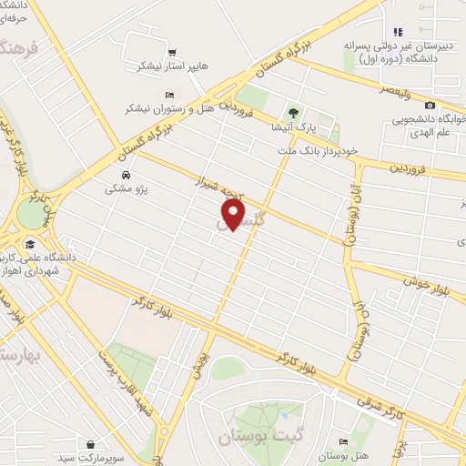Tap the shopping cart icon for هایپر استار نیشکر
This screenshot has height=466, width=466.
coord(172,52)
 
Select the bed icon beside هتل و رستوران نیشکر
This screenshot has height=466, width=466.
coord(168,95)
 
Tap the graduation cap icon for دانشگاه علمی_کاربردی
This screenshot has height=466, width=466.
coord(31,244)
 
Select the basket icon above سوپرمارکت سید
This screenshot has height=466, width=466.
coord(92,444)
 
